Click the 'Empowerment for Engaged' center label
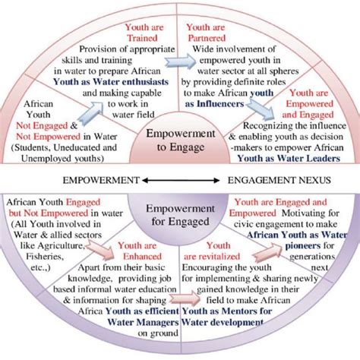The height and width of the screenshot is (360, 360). pyautogui.click(x=180, y=217)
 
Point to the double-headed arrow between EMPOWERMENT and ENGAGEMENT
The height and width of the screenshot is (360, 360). pyautogui.click(x=181, y=181)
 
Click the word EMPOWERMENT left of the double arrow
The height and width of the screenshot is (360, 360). pyautogui.click(x=103, y=181)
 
